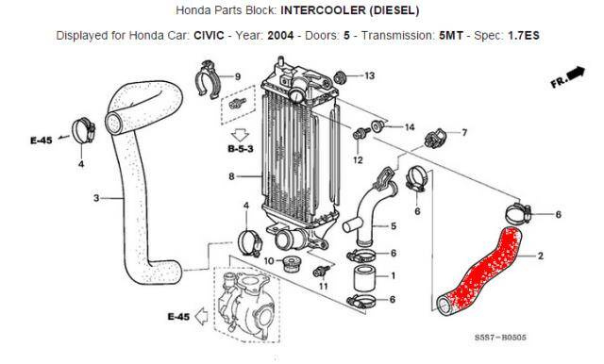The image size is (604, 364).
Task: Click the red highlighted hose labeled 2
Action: [479, 270]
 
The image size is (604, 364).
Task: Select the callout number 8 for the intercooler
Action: [231, 176]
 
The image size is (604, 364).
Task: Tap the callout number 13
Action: [369, 75]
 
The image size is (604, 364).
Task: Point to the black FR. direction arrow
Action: [577, 74]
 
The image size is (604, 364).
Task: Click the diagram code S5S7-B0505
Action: [500, 338]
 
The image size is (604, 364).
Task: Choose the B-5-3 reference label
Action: [241, 149]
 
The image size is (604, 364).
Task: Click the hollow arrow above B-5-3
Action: [241, 136]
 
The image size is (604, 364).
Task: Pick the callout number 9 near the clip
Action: [238, 76]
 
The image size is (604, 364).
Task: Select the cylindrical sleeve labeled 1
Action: [363, 278]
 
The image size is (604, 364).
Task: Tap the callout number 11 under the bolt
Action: [323, 287]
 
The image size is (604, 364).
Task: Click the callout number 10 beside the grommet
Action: [268, 261]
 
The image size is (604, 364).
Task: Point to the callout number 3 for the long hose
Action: [96, 198]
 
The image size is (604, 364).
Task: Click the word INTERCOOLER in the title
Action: [323, 10]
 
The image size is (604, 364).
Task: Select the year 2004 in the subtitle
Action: [280, 36]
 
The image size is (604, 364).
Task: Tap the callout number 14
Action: [410, 127]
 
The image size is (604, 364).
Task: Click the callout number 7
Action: [464, 132]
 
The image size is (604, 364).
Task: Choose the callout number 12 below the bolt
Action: [358, 159]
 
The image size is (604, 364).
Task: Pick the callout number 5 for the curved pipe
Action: [394, 226]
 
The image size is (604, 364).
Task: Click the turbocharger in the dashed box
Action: [245, 304]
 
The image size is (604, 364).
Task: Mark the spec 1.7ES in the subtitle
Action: [524, 36]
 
